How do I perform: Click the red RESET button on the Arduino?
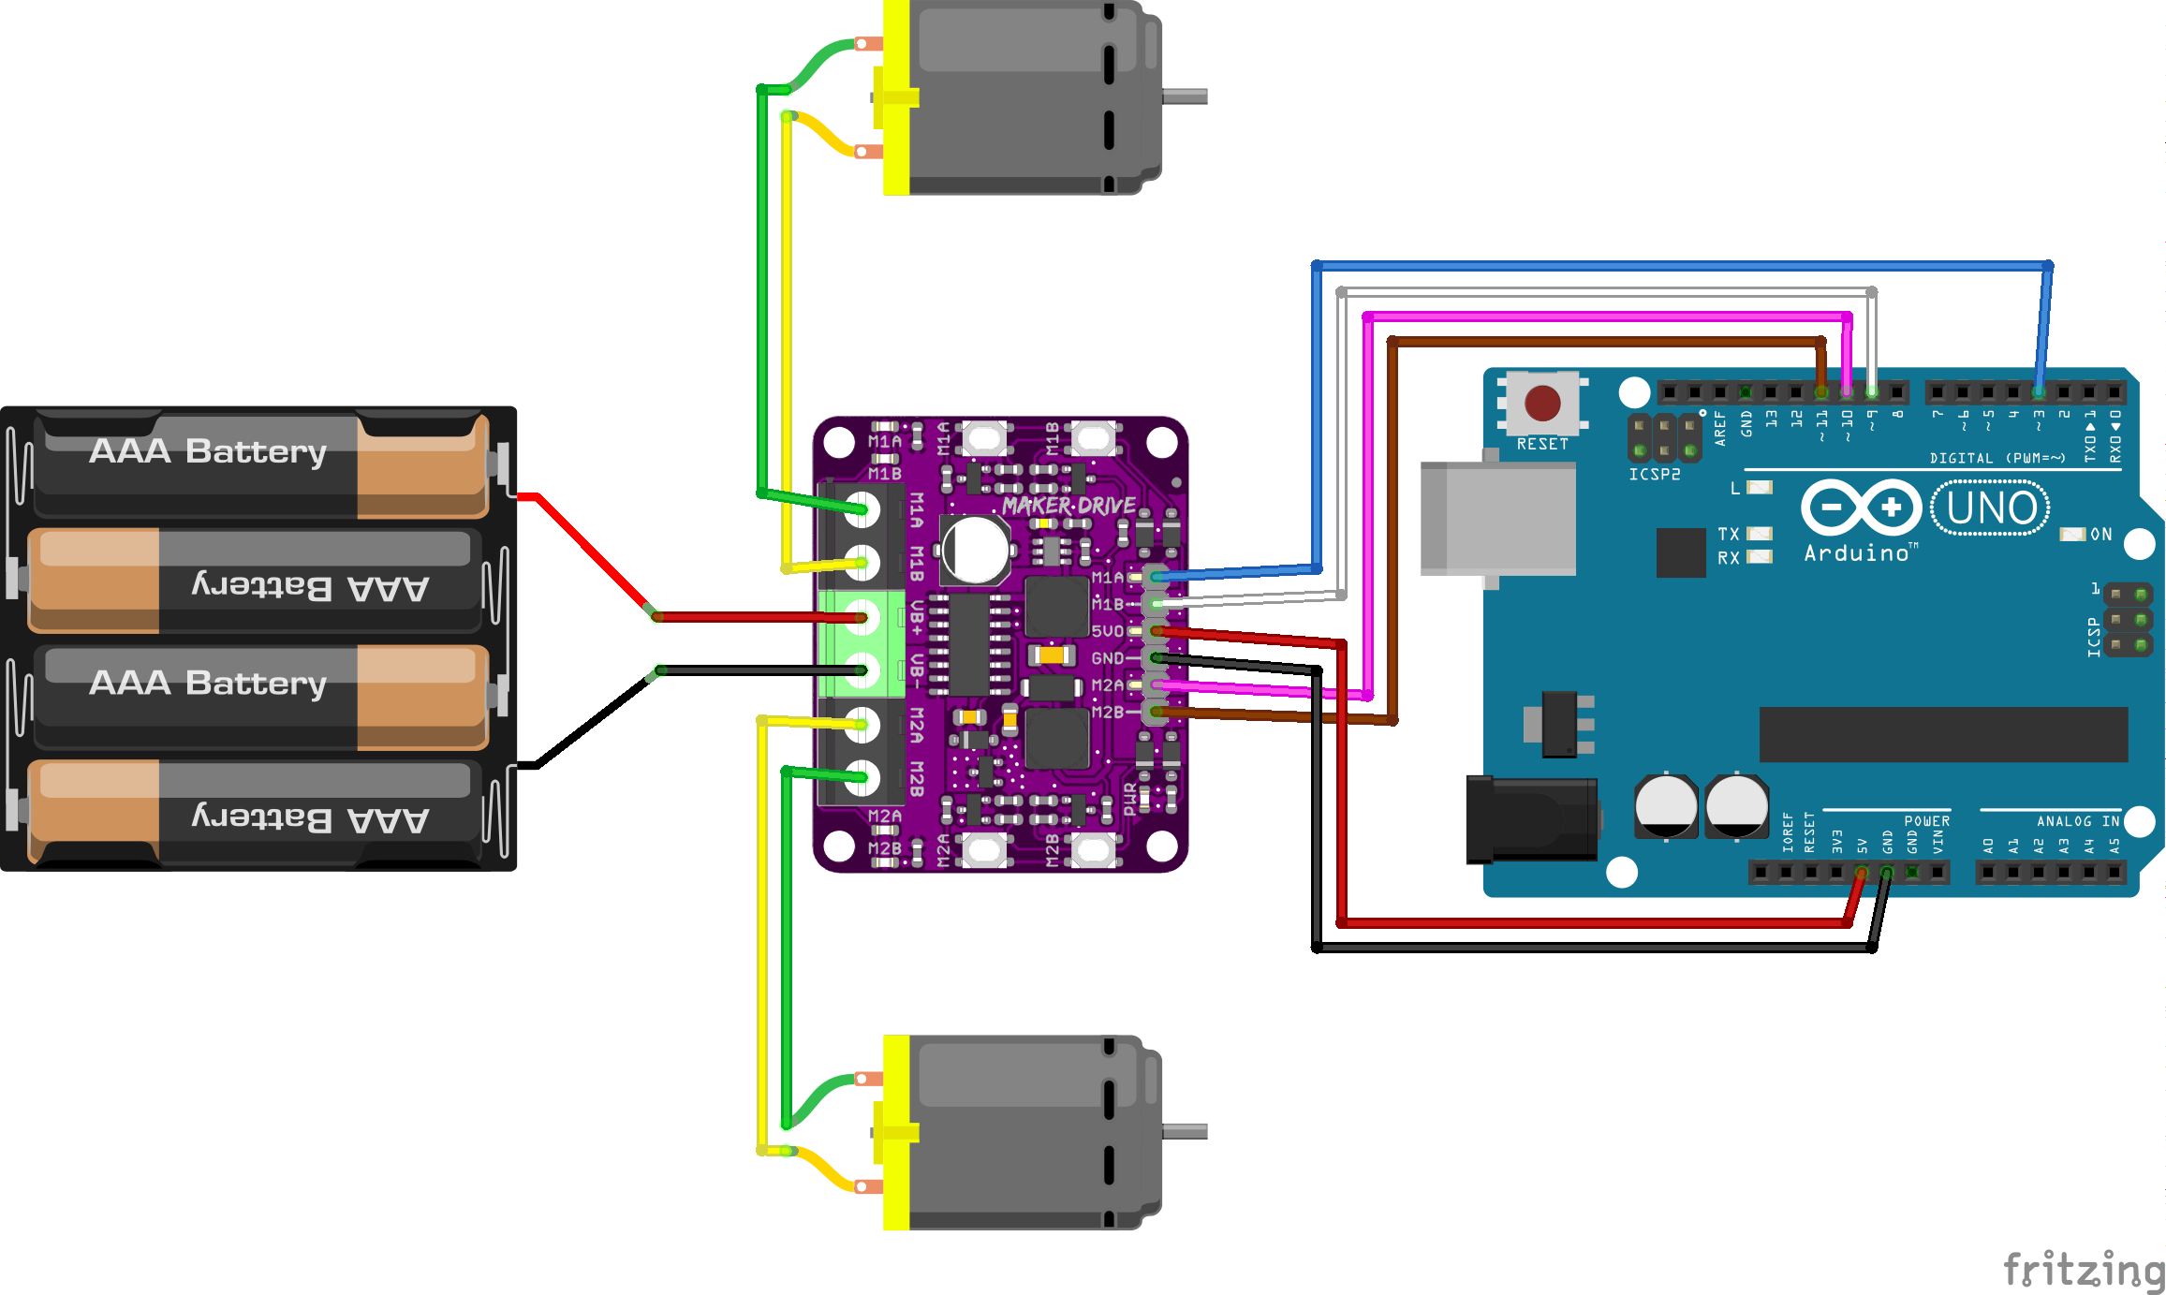coord(1541,404)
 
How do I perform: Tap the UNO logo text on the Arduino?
coord(1991,508)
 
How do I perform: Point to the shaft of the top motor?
coord(1185,96)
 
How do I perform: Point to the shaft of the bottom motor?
coord(1185,1131)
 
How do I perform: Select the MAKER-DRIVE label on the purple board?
coord(1068,506)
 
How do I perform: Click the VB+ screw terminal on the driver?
coord(862,617)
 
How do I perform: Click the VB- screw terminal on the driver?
coord(862,670)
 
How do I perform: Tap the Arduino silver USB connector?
coord(1498,518)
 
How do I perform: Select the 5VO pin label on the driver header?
coord(1107,631)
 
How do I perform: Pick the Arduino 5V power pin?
coord(1861,873)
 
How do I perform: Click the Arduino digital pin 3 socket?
coord(2038,391)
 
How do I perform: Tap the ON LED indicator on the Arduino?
coord(2072,534)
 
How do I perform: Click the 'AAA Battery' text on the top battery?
coord(208,451)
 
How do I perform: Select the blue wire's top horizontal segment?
coord(1686,266)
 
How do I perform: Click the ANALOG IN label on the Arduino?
coord(2077,821)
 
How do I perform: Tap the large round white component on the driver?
coord(975,550)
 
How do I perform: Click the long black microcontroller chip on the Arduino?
coord(1943,734)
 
